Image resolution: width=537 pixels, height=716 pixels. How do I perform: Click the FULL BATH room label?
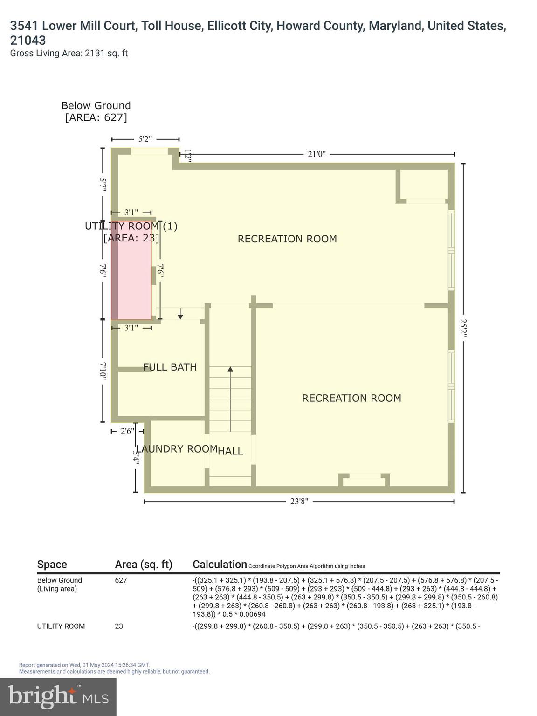click(x=170, y=367)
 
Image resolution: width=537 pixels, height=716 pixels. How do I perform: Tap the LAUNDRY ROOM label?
click(x=177, y=449)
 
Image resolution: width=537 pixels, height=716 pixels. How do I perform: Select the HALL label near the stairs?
click(x=230, y=451)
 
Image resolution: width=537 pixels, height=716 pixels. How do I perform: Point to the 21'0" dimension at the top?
click(x=317, y=154)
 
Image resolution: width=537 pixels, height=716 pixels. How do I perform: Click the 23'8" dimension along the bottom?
click(x=299, y=502)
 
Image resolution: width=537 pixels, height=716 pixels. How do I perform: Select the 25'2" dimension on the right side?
click(x=463, y=328)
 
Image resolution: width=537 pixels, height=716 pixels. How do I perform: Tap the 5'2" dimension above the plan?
click(x=145, y=139)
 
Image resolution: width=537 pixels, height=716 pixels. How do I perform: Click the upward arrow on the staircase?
click(x=230, y=370)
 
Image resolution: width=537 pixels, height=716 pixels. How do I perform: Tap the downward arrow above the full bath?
click(x=180, y=317)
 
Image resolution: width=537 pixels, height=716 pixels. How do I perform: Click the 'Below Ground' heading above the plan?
click(x=96, y=106)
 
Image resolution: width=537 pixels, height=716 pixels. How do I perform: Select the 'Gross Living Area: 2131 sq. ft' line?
click(x=69, y=54)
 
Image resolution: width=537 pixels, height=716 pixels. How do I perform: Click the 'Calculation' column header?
click(x=220, y=565)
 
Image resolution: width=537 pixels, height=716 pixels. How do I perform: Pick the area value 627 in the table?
click(x=121, y=580)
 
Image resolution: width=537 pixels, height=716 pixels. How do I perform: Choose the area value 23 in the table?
click(x=119, y=626)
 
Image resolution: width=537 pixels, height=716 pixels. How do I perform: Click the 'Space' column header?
click(x=52, y=565)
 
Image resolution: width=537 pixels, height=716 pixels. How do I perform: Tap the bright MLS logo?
click(x=58, y=697)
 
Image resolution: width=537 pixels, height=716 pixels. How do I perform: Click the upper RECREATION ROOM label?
click(x=287, y=239)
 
